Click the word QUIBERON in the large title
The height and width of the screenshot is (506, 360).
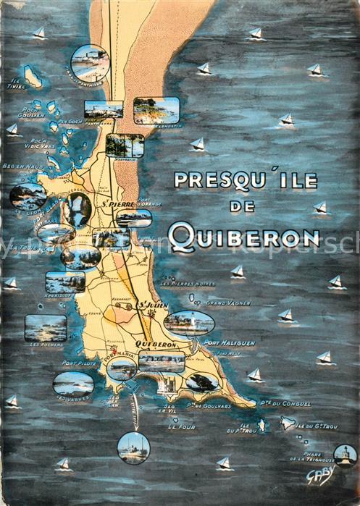tap(243, 237)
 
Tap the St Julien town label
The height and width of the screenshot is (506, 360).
tap(152, 305)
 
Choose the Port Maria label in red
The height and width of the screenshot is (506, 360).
tap(115, 355)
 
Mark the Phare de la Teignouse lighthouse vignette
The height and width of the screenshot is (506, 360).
tap(345, 455)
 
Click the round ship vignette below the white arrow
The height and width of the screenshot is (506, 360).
tap(133, 447)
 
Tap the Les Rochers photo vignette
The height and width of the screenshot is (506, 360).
tap(46, 327)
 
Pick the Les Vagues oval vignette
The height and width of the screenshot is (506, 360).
tap(73, 383)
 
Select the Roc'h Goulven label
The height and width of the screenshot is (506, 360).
tap(33, 112)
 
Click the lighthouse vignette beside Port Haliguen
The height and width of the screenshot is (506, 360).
tap(188, 322)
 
